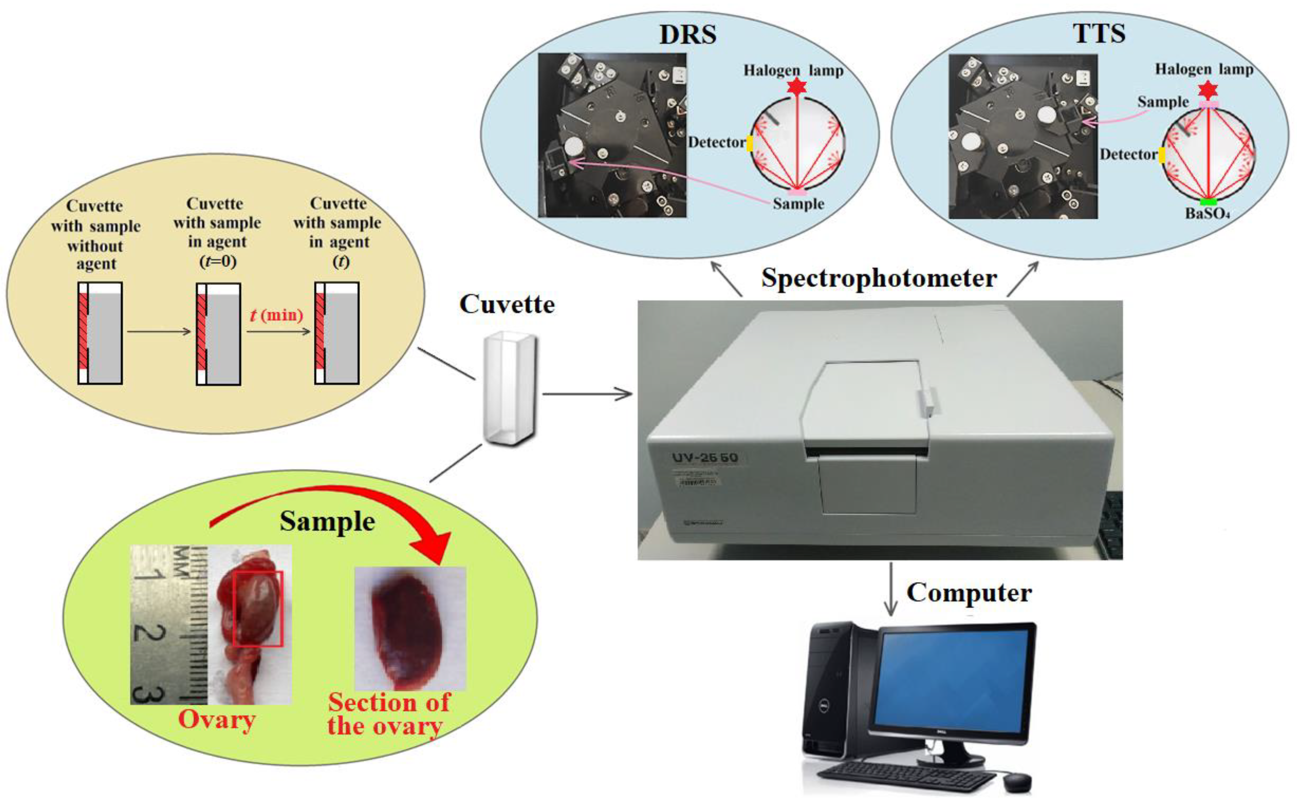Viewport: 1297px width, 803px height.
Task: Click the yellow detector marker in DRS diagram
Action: [x=750, y=143]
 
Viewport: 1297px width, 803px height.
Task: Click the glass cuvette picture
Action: [x=510, y=388]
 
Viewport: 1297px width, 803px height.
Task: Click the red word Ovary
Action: [x=217, y=720]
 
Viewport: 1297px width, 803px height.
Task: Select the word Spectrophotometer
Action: [x=879, y=278]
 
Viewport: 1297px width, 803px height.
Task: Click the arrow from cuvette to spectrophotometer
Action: [x=587, y=394]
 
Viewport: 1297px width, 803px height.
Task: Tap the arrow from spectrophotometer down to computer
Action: [x=891, y=589]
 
